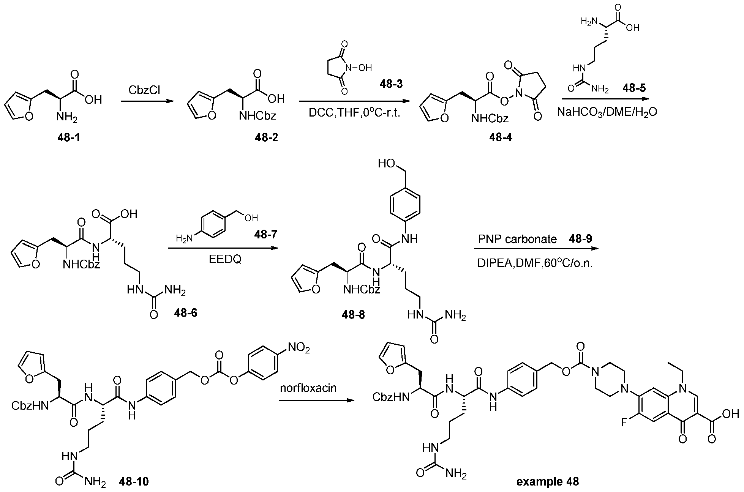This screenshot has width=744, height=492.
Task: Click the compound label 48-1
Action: click(x=69, y=137)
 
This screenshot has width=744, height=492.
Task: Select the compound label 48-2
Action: click(x=267, y=137)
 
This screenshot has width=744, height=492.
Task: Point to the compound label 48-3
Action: click(x=392, y=84)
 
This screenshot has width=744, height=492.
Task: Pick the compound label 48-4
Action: click(x=501, y=137)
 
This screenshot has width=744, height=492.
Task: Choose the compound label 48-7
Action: click(x=265, y=235)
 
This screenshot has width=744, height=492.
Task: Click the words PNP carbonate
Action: click(x=517, y=239)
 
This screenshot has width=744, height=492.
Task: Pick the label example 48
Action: click(x=548, y=482)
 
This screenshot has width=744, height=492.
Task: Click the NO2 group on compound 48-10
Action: click(x=299, y=347)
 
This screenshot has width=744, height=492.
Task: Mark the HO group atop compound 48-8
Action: click(x=387, y=164)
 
